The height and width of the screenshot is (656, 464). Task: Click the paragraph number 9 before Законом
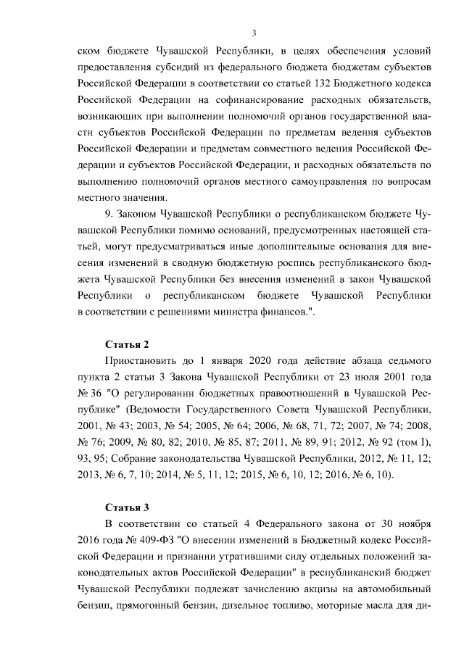[x=108, y=215]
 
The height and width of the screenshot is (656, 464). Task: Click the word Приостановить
[x=142, y=359]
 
